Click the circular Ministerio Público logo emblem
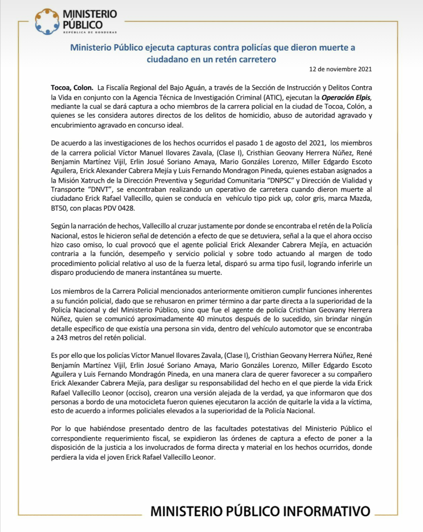tap(47, 22)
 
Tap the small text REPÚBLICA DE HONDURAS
tap(90, 32)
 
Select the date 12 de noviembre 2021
tap(340, 69)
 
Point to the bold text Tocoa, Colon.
tap(72, 88)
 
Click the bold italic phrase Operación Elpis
tap(346, 97)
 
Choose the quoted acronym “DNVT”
tap(99, 189)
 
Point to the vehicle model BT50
tap(59, 208)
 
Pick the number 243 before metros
tap(62, 338)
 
